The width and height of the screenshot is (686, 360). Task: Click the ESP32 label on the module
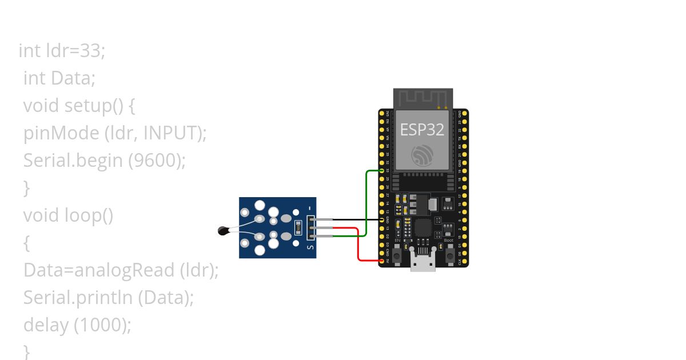pyautogui.click(x=422, y=130)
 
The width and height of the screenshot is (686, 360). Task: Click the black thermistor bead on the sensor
pyautogui.click(x=224, y=231)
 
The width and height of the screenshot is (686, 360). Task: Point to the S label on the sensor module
pyautogui.click(x=310, y=247)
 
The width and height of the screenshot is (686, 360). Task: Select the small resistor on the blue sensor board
pyautogui.click(x=298, y=228)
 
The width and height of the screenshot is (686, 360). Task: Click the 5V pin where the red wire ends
pyautogui.click(x=382, y=261)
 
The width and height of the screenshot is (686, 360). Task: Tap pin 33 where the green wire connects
pyautogui.click(x=382, y=170)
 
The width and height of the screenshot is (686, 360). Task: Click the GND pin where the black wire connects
pyautogui.click(x=382, y=219)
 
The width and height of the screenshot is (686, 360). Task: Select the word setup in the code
pyautogui.click(x=85, y=106)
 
